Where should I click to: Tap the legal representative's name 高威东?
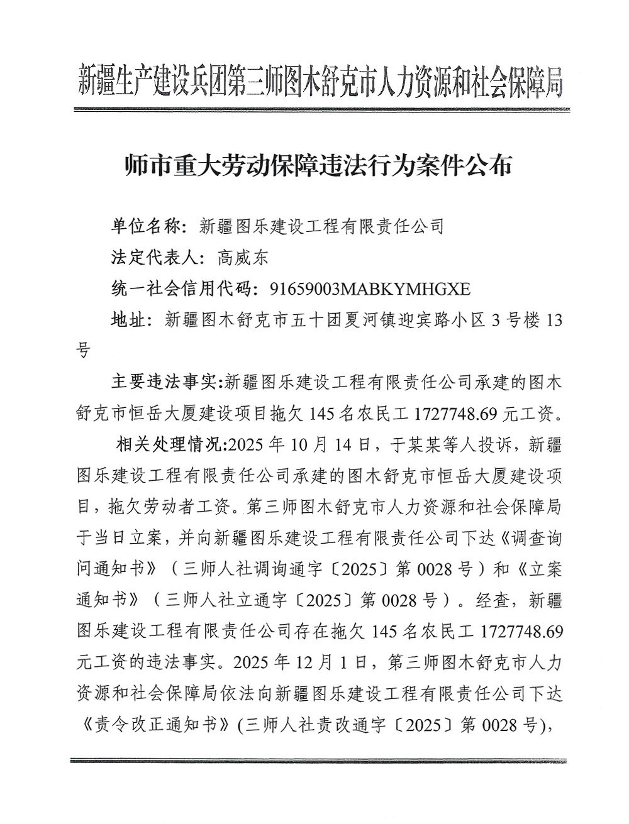[242, 256]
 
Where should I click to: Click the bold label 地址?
[130, 319]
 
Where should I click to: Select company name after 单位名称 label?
[321, 225]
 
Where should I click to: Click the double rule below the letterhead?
[320, 109]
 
